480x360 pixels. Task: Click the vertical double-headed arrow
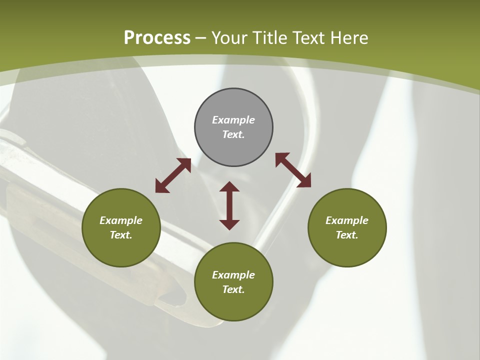pyautogui.click(x=229, y=205)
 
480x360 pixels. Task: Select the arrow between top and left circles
pyautogui.click(x=173, y=175)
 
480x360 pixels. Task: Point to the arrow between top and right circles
pyautogui.click(x=293, y=170)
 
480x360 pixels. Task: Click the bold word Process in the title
pyautogui.click(x=157, y=38)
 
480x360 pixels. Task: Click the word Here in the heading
pyautogui.click(x=348, y=38)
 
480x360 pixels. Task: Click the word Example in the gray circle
pyautogui.click(x=233, y=120)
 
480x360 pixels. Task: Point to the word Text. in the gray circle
pyautogui.click(x=233, y=134)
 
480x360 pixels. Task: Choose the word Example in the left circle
pyautogui.click(x=121, y=220)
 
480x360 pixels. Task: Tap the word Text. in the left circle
pyautogui.click(x=121, y=235)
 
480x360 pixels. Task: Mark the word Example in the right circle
pyautogui.click(x=347, y=220)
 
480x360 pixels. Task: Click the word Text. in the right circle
pyautogui.click(x=347, y=235)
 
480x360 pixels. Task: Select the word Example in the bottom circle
pyautogui.click(x=233, y=275)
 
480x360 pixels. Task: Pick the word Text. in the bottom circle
pyautogui.click(x=233, y=289)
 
